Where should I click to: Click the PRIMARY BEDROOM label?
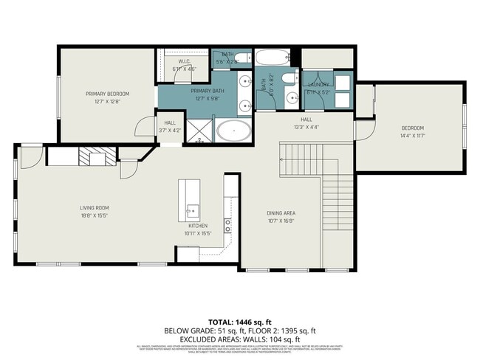(107, 94)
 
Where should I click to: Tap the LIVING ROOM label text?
(95, 207)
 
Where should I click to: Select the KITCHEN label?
(197, 226)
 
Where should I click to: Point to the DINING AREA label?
(281, 212)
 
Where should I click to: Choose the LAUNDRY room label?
(318, 85)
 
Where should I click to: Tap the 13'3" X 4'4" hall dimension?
(306, 126)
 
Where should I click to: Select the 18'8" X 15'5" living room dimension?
(95, 216)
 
